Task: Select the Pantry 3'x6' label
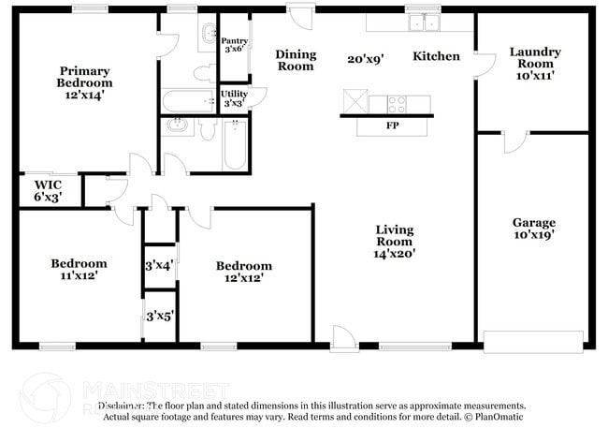click(233, 44)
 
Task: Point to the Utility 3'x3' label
click(234, 97)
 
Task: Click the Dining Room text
click(296, 61)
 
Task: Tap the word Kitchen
click(436, 56)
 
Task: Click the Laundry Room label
click(534, 64)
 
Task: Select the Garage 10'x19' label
click(533, 229)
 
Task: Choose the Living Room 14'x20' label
click(394, 241)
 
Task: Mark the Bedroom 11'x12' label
click(79, 270)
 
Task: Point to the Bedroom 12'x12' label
click(243, 271)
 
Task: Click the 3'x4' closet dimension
click(159, 267)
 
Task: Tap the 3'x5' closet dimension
click(159, 317)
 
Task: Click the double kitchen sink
click(423, 22)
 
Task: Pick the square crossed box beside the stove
click(355, 101)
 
